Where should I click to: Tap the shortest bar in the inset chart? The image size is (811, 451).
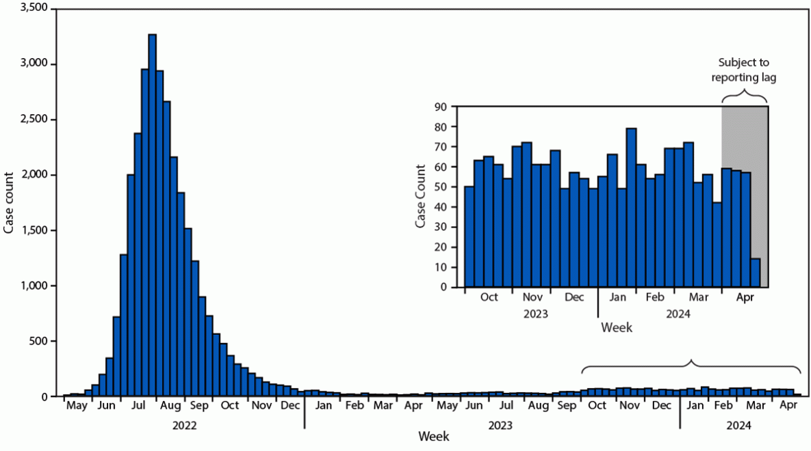coord(755,273)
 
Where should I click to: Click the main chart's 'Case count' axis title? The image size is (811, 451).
coord(9,202)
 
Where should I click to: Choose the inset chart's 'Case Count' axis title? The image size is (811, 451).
coord(421,197)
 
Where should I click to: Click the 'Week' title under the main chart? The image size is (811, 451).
coord(434,436)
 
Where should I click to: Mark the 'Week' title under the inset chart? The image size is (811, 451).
coord(617,328)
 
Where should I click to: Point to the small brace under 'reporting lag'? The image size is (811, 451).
coord(745,96)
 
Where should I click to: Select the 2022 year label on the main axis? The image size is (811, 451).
coord(184,425)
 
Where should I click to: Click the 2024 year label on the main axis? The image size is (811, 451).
coord(737,425)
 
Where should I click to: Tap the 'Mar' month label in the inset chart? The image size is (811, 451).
coord(699,298)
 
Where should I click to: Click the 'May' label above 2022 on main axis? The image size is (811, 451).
coord(77,406)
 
